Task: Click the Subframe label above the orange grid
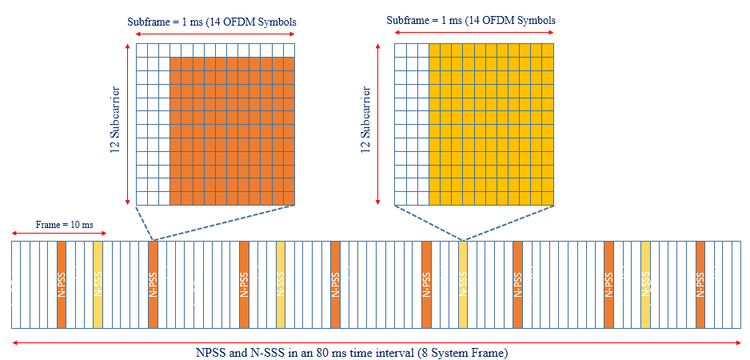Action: (212, 22)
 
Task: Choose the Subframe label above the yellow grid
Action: (470, 20)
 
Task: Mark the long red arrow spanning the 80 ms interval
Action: (376, 342)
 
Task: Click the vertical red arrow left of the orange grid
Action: (127, 124)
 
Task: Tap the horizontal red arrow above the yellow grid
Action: (474, 34)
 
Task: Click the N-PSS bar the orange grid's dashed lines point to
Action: (153, 284)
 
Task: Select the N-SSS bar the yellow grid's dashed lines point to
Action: (463, 284)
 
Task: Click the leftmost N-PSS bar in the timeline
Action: (62, 284)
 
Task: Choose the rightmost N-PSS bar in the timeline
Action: (700, 284)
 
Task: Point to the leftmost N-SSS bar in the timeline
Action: (98, 284)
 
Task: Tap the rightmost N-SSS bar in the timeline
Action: (645, 284)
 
